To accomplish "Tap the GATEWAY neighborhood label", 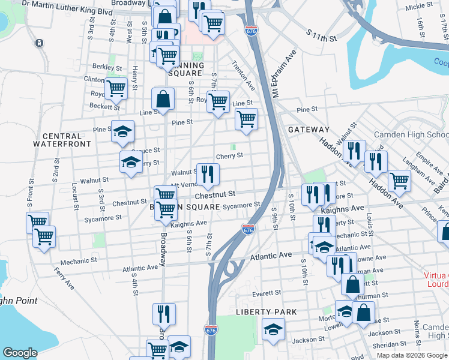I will tap(309, 130).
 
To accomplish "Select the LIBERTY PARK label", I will tap(267, 312).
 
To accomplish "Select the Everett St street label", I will tap(267, 293).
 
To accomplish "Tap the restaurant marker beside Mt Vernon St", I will tap(208, 175).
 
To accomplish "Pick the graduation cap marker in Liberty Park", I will tap(273, 329).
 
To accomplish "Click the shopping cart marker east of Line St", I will tap(246, 119).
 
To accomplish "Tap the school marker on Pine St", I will tap(122, 131).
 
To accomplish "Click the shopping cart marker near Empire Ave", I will tap(399, 180).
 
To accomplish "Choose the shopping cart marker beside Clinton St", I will tap(116, 88).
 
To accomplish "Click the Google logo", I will tap(20, 353).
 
